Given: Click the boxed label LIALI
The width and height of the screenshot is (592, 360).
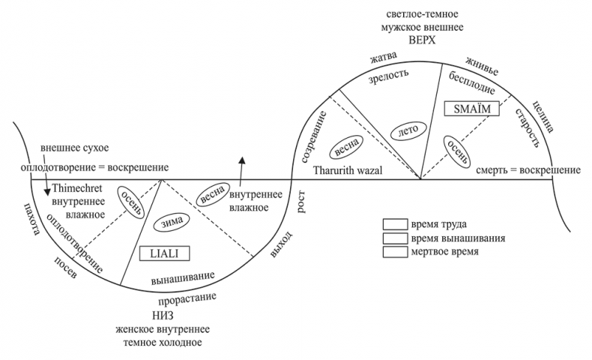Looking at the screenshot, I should click(x=162, y=253).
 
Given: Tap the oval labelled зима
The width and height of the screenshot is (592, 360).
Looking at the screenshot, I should click(x=172, y=223).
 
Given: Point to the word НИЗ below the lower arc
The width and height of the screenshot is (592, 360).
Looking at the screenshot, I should click(x=162, y=316).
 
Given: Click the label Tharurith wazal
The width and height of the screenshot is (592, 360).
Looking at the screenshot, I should click(x=348, y=171).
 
